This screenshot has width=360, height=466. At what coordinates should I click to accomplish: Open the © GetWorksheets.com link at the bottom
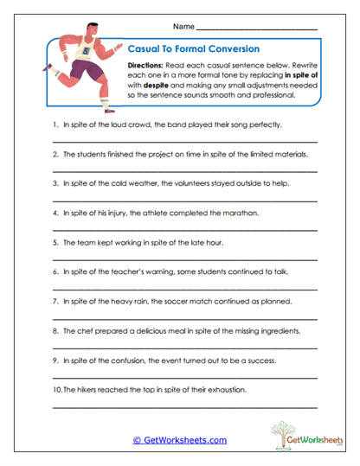pos(179,439)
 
